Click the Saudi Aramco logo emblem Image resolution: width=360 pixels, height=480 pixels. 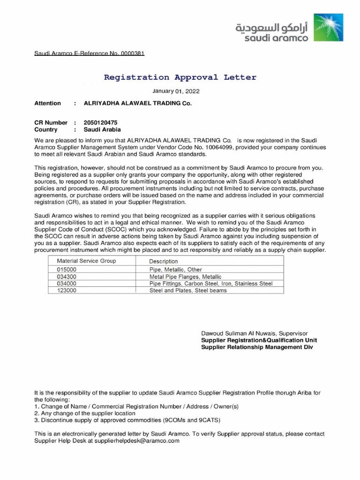tap(328, 28)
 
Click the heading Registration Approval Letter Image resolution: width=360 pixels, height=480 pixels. tap(180, 77)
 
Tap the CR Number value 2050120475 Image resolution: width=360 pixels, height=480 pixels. tap(101, 122)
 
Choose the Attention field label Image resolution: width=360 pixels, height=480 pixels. tap(47, 103)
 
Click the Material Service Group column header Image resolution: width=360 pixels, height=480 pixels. tap(86, 261)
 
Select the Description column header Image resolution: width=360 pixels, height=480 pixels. tap(164, 261)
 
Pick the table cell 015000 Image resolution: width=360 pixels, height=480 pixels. tap(67, 270)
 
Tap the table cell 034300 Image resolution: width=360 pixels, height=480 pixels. tap(67, 277)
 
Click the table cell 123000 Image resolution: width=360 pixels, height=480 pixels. tap(67, 290)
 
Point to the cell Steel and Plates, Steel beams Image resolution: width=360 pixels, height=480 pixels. tap(187, 290)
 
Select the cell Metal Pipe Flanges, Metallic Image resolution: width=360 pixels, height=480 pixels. tap(185, 277)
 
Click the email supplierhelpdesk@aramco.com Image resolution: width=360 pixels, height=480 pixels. tap(137, 441)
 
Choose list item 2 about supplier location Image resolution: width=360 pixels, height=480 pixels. tap(85, 413)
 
